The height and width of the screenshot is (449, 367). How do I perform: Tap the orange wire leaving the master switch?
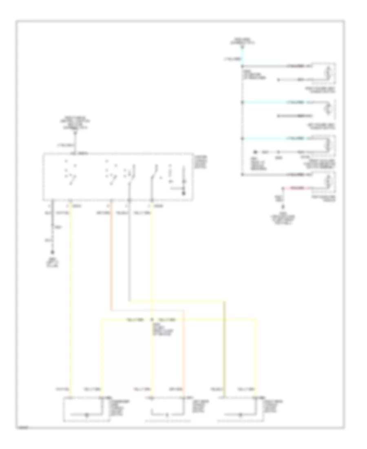pyautogui.click(x=111, y=253)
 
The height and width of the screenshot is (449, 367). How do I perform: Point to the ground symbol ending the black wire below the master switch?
pyautogui.click(x=52, y=247)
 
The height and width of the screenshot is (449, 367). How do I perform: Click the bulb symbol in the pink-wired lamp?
pyautogui.click(x=329, y=182)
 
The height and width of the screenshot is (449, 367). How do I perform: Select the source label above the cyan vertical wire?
pyautogui.click(x=243, y=40)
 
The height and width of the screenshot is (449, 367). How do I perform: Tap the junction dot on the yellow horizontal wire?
pyautogui.click(x=152, y=319)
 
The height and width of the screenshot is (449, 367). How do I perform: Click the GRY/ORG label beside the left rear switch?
pyautogui.click(x=176, y=388)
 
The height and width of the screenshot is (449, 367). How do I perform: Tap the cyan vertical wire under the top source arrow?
pyautogui.click(x=243, y=55)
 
